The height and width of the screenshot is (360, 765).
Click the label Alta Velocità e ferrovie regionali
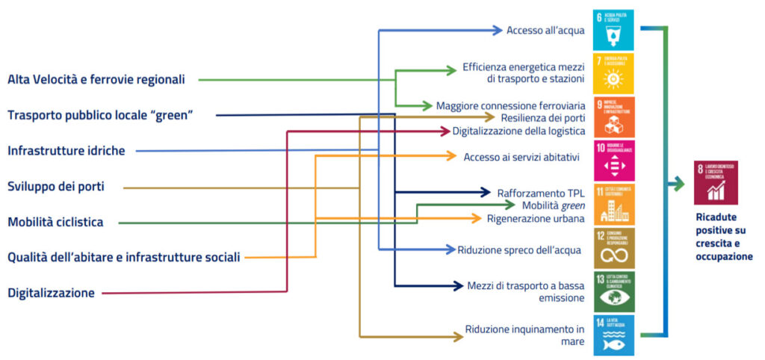coord(96,79)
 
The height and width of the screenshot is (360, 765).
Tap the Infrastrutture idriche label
coord(66,151)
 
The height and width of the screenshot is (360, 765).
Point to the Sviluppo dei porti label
coord(56,187)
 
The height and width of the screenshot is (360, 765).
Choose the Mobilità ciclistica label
coord(55,222)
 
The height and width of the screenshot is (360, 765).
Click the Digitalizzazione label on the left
coord(51,293)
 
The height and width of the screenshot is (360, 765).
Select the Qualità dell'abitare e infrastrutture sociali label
coord(124,258)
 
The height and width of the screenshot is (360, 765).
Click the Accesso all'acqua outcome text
coord(545,31)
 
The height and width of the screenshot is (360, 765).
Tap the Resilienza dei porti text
coord(542,118)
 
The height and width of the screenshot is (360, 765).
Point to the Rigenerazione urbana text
coord(536,218)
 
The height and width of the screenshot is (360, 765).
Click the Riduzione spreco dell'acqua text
coord(519,249)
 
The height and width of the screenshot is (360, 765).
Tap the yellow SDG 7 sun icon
coord(613,72)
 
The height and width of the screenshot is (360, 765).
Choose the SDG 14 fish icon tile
coord(613,335)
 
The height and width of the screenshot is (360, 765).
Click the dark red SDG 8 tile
coord(716,182)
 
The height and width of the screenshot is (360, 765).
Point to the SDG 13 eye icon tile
coord(613,292)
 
